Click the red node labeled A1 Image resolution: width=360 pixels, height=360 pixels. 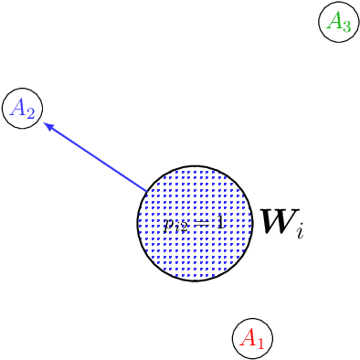pyautogui.click(x=252, y=339)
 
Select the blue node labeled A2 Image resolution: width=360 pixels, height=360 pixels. pyautogui.click(x=23, y=110)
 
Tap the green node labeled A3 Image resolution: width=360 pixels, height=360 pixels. pyautogui.click(x=339, y=23)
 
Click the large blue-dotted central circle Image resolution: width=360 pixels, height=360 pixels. pyautogui.click(x=194, y=224)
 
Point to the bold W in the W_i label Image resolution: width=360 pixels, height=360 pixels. pyautogui.click(x=276, y=222)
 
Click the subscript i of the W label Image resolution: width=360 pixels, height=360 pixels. pyautogui.click(x=299, y=232)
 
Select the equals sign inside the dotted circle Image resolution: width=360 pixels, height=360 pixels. pyautogui.click(x=204, y=223)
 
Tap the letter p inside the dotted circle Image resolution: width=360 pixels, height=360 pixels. pyautogui.click(x=169, y=224)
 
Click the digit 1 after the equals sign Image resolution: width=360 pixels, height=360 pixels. pyautogui.click(x=219, y=222)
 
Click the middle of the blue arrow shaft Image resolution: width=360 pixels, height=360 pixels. pyautogui.click(x=96, y=158)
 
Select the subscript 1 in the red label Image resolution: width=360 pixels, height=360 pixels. pyautogui.click(x=259, y=344)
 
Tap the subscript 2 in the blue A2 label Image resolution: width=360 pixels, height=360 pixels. pyautogui.click(x=30, y=114)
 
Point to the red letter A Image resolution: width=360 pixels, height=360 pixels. pyautogui.click(x=247, y=338)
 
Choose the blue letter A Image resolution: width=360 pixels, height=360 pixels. pyautogui.click(x=17, y=109)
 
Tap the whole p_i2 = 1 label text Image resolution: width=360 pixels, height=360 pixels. pyautogui.click(x=194, y=224)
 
